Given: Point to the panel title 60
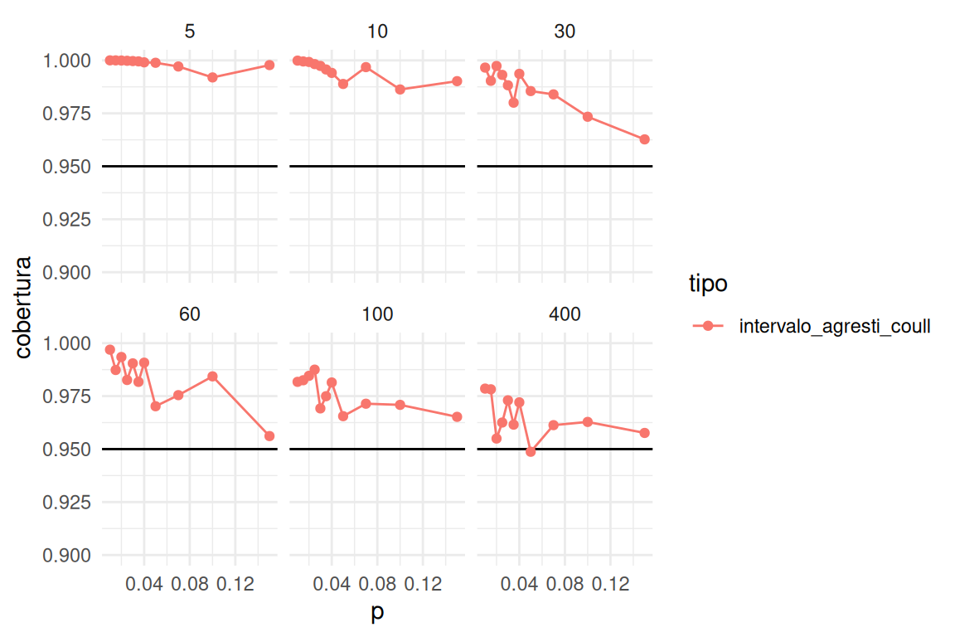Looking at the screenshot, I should click(190, 314).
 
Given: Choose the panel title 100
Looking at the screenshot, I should click(377, 314).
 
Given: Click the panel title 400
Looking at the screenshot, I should click(565, 314).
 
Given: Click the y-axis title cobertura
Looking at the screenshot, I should click(25, 308).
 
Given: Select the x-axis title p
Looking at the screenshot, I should click(377, 615).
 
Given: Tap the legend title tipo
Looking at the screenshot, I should click(708, 284).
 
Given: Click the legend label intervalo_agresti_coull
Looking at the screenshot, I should click(835, 327).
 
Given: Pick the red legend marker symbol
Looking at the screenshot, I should click(708, 327).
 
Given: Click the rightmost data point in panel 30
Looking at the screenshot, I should click(644, 139).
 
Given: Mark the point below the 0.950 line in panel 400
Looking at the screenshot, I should click(531, 452).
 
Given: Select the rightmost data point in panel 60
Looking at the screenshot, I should click(269, 436).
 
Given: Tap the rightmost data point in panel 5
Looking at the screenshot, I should click(269, 65).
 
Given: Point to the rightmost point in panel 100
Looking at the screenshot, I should click(457, 416).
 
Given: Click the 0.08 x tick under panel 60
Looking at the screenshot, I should click(190, 585).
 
